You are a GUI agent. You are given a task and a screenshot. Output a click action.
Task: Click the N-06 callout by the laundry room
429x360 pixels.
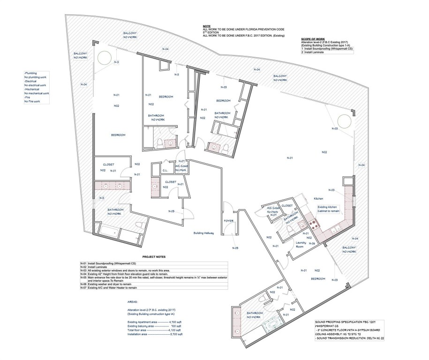312,244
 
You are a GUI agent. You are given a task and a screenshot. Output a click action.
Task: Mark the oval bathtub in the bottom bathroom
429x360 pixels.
272,325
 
